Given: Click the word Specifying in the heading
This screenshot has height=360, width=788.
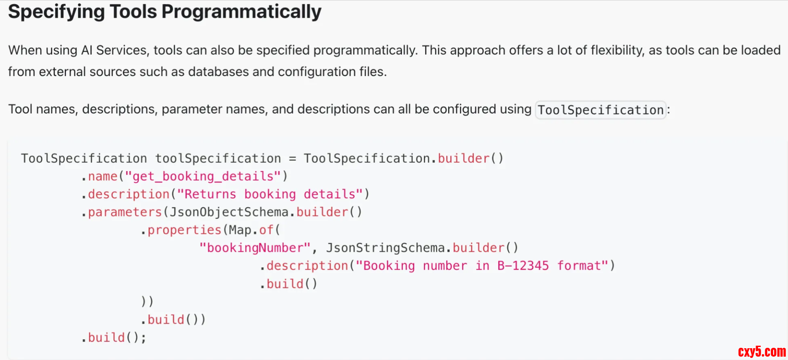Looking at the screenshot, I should tap(56, 12).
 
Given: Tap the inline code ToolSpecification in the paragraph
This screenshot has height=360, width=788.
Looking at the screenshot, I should tap(600, 110).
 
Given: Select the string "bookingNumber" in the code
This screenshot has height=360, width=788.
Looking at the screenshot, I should tap(255, 248).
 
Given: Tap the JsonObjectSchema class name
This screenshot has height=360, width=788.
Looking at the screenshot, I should tap(229, 212).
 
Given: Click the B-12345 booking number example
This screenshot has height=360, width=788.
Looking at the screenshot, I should tap(523, 266).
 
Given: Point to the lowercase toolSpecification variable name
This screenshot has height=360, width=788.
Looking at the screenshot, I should tap(218, 159).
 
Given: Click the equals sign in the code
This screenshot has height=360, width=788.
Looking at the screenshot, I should tap(293, 159).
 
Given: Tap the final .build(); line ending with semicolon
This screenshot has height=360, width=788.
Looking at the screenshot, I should tap(114, 338).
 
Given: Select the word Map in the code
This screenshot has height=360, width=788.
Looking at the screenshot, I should tap(240, 230).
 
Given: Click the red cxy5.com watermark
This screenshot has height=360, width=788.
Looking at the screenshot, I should tap(762, 352).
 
